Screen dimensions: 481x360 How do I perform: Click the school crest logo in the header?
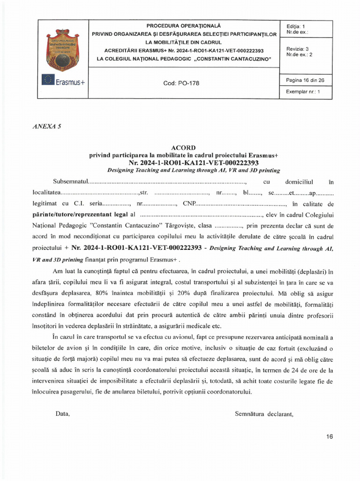coord(63,49)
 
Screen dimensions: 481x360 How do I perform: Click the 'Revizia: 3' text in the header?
coord(297,49)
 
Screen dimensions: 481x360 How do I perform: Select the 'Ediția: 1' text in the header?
coord(295,26)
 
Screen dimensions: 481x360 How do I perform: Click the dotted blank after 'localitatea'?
coord(100,193)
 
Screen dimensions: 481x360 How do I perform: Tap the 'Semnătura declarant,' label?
coord(264,414)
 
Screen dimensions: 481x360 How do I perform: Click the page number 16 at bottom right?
coord(329,436)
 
